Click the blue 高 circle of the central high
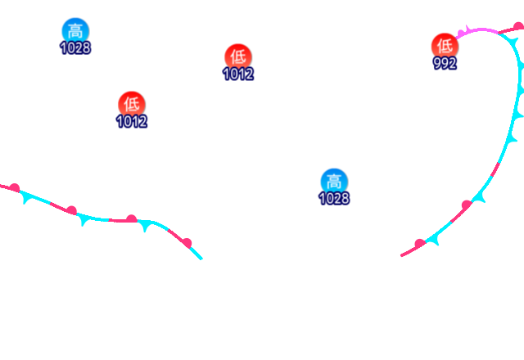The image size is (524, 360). [x=333, y=181]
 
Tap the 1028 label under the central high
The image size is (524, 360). [x=333, y=198]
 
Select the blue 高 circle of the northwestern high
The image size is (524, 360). [x=75, y=31]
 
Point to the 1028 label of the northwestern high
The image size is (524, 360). [x=75, y=47]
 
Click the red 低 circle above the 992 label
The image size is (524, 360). [x=445, y=46]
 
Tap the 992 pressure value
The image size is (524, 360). [x=445, y=63]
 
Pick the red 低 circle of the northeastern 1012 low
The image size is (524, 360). [x=237, y=56]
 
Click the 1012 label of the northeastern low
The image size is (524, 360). [x=237, y=74]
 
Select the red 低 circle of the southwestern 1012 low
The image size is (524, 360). [x=131, y=104]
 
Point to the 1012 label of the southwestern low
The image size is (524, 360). [x=131, y=121]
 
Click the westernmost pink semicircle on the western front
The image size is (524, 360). [x=15, y=187]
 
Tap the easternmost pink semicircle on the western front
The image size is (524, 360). [x=187, y=242]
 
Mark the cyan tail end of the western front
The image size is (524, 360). [x=201, y=259]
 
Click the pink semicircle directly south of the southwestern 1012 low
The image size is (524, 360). [x=131, y=218]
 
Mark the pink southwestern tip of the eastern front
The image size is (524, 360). [x=402, y=255]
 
